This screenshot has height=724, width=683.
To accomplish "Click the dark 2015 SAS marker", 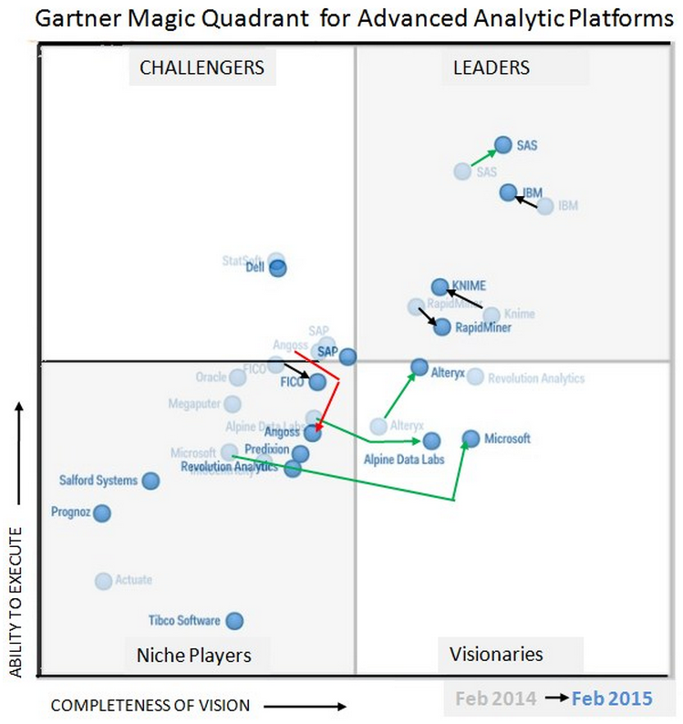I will [502, 144].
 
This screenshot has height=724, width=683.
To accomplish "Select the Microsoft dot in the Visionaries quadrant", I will [471, 439].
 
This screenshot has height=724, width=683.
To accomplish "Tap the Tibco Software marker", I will [234, 621].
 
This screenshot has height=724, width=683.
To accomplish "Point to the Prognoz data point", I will [102, 513].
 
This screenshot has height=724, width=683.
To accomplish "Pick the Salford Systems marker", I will [151, 481].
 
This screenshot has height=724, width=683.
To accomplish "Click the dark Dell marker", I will [277, 268].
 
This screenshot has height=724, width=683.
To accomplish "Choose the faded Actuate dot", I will [103, 581].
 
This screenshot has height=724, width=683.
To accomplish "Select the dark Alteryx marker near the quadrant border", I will [419, 367].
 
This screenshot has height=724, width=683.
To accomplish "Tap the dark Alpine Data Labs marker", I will [431, 441].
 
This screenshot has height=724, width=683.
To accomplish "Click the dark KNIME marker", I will [440, 286].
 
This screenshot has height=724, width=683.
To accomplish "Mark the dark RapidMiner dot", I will [442, 326].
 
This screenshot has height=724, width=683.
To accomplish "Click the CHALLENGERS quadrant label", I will [202, 67].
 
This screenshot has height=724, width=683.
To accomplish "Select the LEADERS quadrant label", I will [491, 67].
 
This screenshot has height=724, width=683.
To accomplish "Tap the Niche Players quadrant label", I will [193, 655].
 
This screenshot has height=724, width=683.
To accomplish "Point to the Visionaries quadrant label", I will [496, 654].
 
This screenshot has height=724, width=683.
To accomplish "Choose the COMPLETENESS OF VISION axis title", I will [150, 705].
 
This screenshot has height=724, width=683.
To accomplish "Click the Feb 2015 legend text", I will [612, 698].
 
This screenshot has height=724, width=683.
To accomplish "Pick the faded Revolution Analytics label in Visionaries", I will [536, 378].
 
